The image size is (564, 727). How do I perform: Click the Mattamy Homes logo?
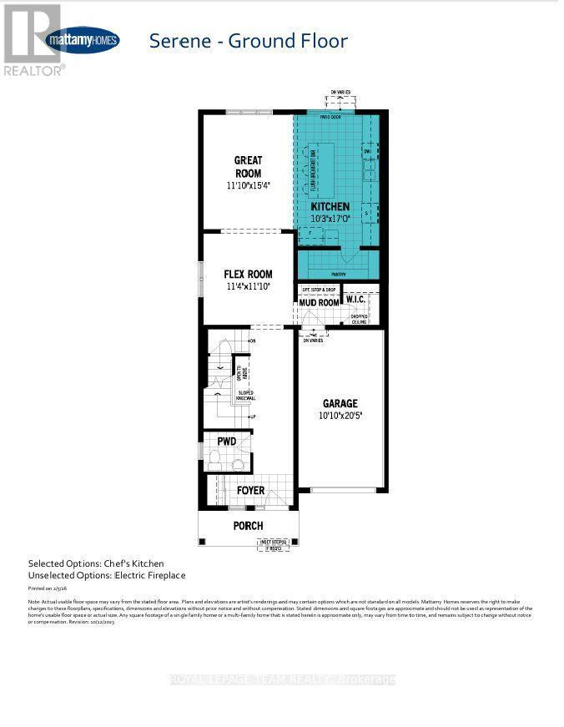point(82,39)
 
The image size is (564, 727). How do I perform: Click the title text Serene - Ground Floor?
point(248,40)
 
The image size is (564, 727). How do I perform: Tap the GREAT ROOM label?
point(248,167)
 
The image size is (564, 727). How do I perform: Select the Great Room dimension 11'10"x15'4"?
point(248,187)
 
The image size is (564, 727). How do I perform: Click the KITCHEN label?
point(331,206)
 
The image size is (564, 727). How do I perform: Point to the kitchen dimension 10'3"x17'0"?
point(331,219)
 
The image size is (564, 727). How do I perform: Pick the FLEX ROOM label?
point(248,274)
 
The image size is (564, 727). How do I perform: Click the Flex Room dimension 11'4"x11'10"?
point(248,287)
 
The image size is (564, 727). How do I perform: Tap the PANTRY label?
point(338,271)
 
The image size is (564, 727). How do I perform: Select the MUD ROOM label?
point(320,302)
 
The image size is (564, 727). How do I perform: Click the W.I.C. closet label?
point(362,300)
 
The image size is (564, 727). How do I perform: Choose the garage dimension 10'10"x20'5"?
point(341,415)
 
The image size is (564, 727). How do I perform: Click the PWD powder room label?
point(227,440)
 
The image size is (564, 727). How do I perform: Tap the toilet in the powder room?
point(214,457)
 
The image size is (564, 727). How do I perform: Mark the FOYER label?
point(250,490)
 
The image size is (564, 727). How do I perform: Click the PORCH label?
point(249,526)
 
